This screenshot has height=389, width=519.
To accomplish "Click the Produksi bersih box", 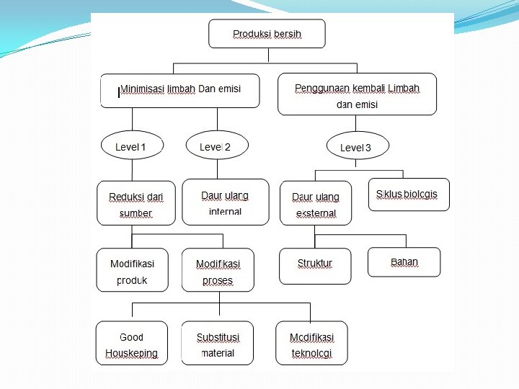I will coord(267,34).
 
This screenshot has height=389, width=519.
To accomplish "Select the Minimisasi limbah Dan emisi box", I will coord(179,90).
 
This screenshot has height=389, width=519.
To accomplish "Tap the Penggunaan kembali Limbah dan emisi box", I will coord(357,94).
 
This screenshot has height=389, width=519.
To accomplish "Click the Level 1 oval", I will coord(130,147).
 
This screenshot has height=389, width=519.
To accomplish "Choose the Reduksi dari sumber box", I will coord(136,203).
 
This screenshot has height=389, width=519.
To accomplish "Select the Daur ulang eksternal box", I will coord(316,204).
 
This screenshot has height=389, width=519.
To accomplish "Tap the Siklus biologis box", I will coord(408,194).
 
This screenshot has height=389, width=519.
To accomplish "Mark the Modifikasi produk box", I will coord(132,270).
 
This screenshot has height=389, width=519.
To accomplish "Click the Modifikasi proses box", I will coord(218,271).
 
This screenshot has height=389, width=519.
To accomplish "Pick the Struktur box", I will coord(315,266).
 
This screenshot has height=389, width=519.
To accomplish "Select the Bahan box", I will coord(404,262).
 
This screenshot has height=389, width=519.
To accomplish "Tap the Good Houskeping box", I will coord(132,344).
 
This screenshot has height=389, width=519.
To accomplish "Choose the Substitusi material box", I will coord(218,344).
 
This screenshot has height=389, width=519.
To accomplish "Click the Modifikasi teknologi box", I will coord(312,344).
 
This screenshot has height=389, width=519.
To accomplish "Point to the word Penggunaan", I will coord(321,88).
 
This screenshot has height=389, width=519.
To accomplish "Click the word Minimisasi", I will coord(142,89).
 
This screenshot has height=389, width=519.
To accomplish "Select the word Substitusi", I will coord(218,337).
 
